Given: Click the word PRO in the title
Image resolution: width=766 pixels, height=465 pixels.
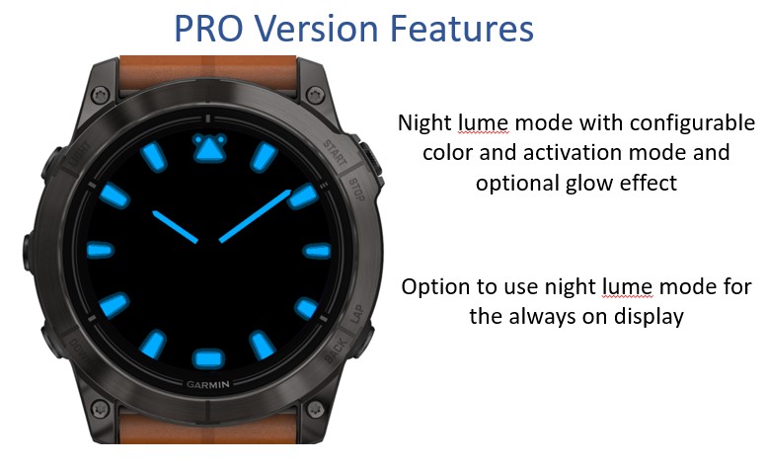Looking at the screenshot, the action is [x=208, y=29].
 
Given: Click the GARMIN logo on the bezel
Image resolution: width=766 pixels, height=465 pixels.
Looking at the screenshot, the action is [x=208, y=384].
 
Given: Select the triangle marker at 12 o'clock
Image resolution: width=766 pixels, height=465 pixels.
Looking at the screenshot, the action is [x=209, y=147].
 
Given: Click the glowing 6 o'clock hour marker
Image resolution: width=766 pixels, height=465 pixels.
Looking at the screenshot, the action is [x=208, y=359].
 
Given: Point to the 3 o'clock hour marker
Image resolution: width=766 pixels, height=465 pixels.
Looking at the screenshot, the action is [x=317, y=251].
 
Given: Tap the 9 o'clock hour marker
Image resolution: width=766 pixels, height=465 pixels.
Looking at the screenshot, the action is [x=100, y=250].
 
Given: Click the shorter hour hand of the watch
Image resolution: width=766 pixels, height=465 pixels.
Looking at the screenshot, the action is [x=175, y=227].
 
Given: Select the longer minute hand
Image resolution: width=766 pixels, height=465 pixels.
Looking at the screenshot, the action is [x=255, y=216].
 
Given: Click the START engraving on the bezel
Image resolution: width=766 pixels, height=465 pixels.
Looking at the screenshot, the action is [x=336, y=152].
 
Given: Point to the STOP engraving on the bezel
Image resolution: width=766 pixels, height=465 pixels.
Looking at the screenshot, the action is [x=356, y=190].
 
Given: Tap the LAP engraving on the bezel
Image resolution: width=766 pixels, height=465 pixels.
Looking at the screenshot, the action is [x=357, y=314].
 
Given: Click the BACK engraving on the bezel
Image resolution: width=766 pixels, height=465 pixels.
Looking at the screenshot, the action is [x=337, y=349].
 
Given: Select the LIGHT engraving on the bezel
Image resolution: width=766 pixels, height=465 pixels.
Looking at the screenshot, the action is [x=80, y=153].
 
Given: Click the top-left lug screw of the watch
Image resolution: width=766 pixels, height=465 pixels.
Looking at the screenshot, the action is [x=100, y=94].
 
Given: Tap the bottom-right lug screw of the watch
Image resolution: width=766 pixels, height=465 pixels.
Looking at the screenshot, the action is [x=315, y=409].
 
